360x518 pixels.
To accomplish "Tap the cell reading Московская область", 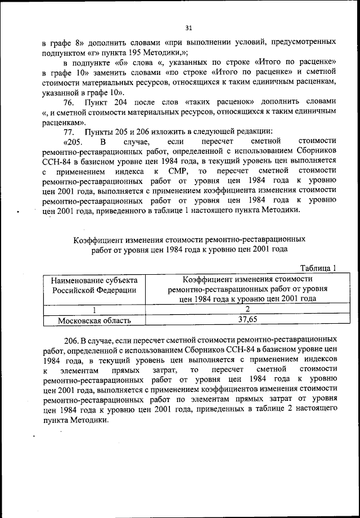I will tap(95, 320).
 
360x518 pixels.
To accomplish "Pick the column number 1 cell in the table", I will tap(95, 309).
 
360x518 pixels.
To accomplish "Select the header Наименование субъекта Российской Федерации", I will tap(95, 284).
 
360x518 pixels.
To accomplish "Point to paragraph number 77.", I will tap(69, 131).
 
